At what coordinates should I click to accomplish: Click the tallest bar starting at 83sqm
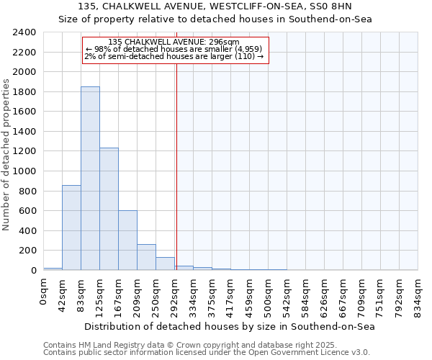pyautogui.click(x=90, y=179)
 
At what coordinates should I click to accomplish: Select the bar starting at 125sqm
pyautogui.click(x=109, y=209)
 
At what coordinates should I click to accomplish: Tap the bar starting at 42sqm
pyautogui.click(x=71, y=228)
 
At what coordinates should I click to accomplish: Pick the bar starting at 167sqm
pyautogui.click(x=127, y=240)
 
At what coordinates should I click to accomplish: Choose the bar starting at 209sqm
pyautogui.click(x=146, y=257)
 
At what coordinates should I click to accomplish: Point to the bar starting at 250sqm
pyautogui.click(x=165, y=264)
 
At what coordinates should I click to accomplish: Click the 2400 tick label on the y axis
pyautogui.click(x=24, y=32)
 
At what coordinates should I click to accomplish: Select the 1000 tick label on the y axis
pyautogui.click(x=24, y=171)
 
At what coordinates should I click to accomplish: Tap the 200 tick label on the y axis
pyautogui.click(x=27, y=251)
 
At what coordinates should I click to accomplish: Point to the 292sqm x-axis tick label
pyautogui.click(x=175, y=293)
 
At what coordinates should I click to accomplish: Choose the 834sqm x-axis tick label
pyautogui.click(x=418, y=293)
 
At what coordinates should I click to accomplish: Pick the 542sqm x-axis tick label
pyautogui.click(x=287, y=293)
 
